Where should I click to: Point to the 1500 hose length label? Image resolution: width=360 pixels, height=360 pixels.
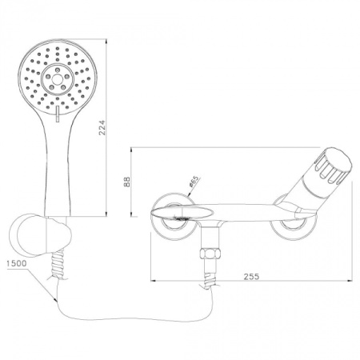[15, 262]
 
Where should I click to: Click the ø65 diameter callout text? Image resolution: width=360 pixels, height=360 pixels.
[194, 185]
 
